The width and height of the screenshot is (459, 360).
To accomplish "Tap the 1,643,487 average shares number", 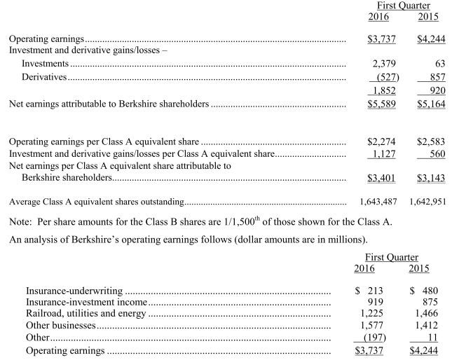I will tap(378, 202).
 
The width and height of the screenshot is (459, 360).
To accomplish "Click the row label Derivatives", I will tap(43, 77).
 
